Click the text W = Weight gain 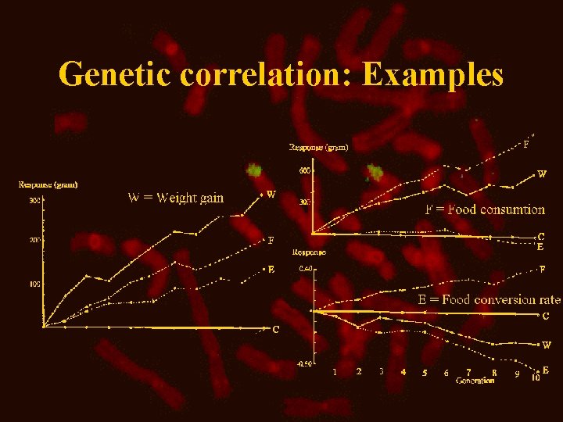(175, 197)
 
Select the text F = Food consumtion (485, 209)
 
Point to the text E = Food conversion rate (489, 299)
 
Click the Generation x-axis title (475, 381)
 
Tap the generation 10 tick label (536, 377)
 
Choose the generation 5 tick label (425, 373)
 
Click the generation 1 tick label (335, 372)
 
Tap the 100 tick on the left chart (35, 284)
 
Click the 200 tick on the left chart (35, 240)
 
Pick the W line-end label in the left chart (271, 194)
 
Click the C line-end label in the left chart (275, 330)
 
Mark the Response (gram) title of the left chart (48, 185)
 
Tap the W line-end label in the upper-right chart (542, 174)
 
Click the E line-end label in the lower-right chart (545, 370)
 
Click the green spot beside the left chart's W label (254, 170)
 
